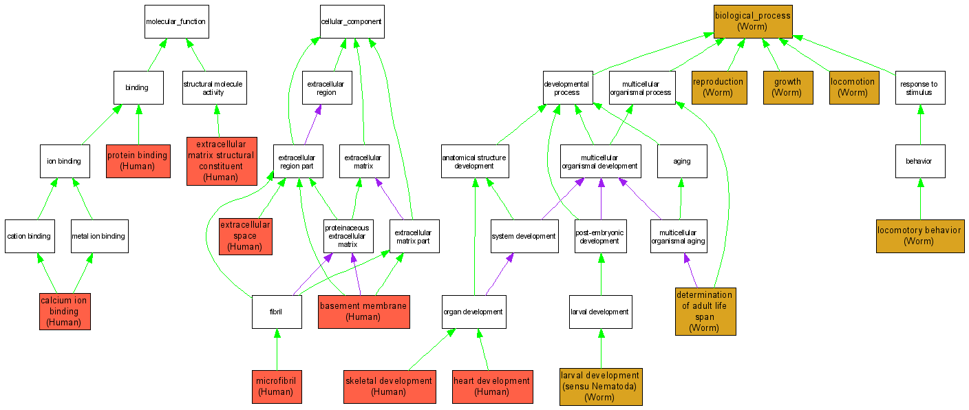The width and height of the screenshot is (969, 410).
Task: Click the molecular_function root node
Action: point(175,21)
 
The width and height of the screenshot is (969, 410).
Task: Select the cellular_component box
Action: point(352,21)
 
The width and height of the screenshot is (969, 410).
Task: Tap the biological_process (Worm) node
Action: point(752,21)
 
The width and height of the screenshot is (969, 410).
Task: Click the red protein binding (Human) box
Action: point(137,160)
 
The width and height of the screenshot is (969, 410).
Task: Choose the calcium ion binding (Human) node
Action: point(65,311)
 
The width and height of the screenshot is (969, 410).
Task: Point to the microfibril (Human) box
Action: point(277,387)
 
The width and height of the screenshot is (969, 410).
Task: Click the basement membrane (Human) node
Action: point(364,311)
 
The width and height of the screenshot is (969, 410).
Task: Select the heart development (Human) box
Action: point(492,387)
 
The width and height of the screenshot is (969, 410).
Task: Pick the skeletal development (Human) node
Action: point(389,387)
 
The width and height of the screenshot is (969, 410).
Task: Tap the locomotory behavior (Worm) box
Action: point(919,236)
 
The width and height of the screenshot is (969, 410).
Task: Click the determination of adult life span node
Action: point(705,312)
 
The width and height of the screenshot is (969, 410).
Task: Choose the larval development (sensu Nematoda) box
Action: point(601,387)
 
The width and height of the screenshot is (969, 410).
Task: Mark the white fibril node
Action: point(277,312)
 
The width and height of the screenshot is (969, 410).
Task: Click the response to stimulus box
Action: point(919,87)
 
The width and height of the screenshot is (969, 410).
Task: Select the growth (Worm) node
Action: point(787,87)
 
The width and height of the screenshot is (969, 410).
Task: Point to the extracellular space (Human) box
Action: point(245,236)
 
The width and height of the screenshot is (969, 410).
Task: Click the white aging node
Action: point(681,161)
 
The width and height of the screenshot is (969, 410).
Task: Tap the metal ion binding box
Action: point(98,236)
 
